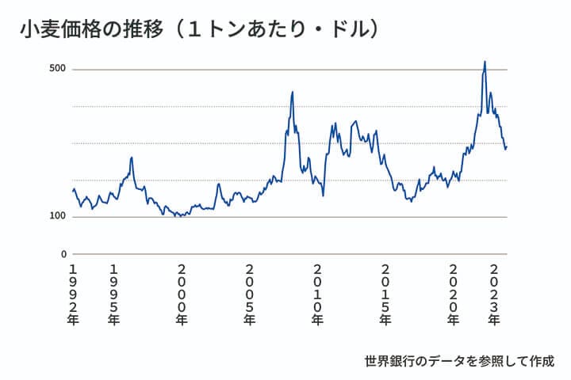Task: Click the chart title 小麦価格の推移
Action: pyautogui.click(x=94, y=30)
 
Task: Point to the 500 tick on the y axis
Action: pyautogui.click(x=56, y=69)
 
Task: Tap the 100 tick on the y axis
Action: pyautogui.click(x=56, y=216)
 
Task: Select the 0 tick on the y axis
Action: pyautogui.click(x=64, y=254)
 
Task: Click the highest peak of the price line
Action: pyautogui.click(x=485, y=62)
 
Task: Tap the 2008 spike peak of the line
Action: pyautogui.click(x=293, y=92)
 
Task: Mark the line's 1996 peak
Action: pyautogui.click(x=132, y=158)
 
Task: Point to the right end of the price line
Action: pyautogui.click(x=507, y=146)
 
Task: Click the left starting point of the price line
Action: pyautogui.click(x=73, y=190)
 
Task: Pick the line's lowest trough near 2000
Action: pyautogui.click(x=176, y=215)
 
